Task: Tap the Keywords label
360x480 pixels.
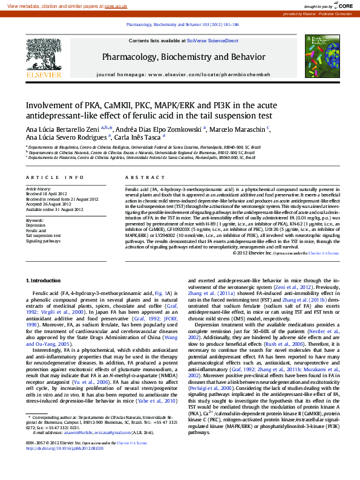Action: pyautogui.click(x=35, y=220)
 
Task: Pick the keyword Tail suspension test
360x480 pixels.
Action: pyautogui.click(x=44, y=236)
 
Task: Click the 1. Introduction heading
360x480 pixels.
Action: pyautogui.click(x=44, y=281)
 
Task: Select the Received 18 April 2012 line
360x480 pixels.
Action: pyautogui.click(x=47, y=194)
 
